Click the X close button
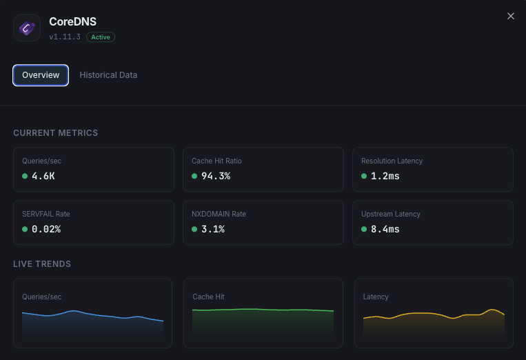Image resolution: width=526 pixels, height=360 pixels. coord(511,16)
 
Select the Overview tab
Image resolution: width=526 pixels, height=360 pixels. coord(41,75)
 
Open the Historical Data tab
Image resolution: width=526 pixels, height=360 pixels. coord(108,75)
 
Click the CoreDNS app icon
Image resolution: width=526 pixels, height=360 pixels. coord(28,28)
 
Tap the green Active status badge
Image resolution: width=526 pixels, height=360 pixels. coord(101,37)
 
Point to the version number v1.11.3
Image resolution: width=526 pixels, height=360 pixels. coord(65,37)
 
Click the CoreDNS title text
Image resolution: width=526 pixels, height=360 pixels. coord(72,22)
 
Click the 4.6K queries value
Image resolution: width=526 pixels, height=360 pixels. coord(43,176)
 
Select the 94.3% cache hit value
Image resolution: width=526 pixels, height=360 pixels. coord(215,176)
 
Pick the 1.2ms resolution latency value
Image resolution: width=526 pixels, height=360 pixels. coord(385,176)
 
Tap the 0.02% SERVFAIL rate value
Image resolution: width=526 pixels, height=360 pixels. coord(46,229)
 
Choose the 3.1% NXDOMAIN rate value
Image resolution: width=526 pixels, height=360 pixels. coord(213,229)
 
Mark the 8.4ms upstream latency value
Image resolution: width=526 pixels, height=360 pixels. coord(385,229)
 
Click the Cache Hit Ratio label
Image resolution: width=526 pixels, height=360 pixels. coord(216,161)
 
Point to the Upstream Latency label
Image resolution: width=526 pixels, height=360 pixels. coord(391,214)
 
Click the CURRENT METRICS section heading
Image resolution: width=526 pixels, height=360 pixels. coord(56,132)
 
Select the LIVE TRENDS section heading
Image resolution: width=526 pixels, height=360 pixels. coord(42,263)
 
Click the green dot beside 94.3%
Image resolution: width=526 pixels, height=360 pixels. coord(194,176)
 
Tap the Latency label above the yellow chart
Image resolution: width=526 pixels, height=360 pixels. coord(376,297)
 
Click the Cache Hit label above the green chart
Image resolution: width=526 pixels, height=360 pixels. coord(208,297)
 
